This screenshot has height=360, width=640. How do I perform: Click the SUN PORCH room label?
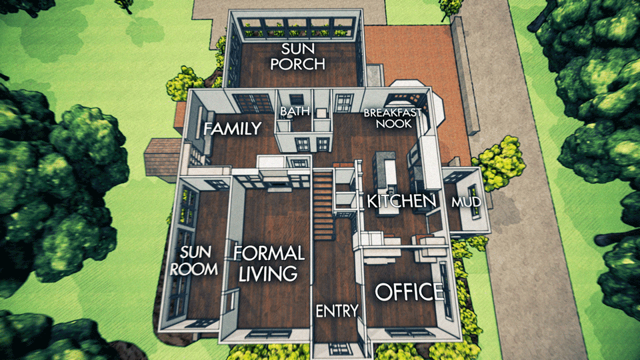click(x=297, y=56)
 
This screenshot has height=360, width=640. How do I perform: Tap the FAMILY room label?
click(x=232, y=129)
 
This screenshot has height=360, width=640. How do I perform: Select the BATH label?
click(x=295, y=111)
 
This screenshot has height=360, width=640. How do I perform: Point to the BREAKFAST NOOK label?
click(x=393, y=119)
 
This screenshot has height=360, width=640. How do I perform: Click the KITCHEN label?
click(x=401, y=201)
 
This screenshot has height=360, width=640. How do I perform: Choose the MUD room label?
click(x=466, y=202)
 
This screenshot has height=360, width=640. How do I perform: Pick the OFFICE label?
click(x=409, y=292)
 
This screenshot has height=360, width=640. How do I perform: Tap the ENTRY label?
click(x=337, y=311)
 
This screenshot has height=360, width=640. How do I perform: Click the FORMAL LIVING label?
click(x=269, y=263)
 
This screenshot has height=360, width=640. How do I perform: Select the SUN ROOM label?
click(x=194, y=261)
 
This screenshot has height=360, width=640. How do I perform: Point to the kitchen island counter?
click(x=385, y=171)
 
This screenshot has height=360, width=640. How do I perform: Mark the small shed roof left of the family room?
click(x=162, y=157)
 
